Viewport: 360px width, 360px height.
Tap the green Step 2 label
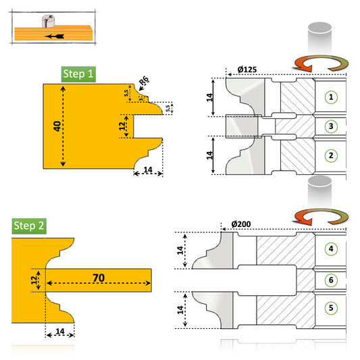(30, 226)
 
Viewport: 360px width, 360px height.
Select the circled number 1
(330, 97)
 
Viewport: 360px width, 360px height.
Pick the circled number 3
(330, 126)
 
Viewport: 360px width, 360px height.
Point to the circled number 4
(330, 249)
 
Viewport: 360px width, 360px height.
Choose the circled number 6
(330, 278)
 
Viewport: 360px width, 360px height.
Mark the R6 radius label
(144, 83)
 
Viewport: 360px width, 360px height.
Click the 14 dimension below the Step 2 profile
(59, 332)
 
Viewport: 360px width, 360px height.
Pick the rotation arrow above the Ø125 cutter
(318, 65)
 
